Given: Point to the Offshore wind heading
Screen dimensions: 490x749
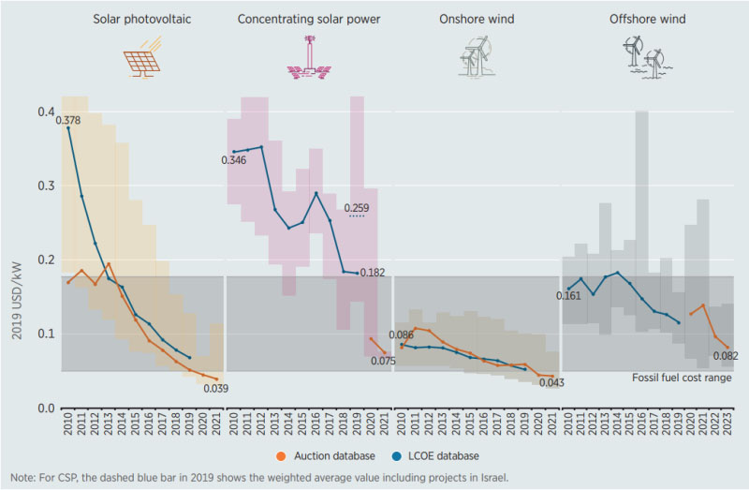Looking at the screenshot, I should pyautogui.click(x=645, y=19).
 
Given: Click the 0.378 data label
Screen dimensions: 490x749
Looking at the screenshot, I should pyautogui.click(x=67, y=119).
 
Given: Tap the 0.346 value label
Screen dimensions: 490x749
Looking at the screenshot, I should pyautogui.click(x=234, y=161).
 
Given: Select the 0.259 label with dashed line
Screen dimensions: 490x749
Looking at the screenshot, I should pyautogui.click(x=357, y=208).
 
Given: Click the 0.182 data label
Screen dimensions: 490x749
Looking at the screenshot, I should pyautogui.click(x=373, y=273).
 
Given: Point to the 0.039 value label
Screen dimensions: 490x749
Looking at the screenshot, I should pyautogui.click(x=217, y=388).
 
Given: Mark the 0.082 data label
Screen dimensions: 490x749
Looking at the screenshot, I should pyautogui.click(x=727, y=356).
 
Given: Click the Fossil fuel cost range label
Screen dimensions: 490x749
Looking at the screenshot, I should pyautogui.click(x=683, y=378).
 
